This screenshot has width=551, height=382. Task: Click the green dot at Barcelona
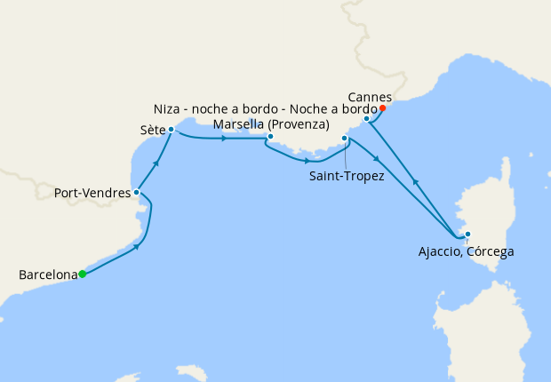pos(82,274)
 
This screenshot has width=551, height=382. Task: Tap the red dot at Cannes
pos(382,108)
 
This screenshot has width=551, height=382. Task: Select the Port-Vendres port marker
pos(136,192)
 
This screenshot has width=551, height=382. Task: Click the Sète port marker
pos(171,130)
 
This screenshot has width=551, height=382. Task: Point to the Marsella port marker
pos(270,137)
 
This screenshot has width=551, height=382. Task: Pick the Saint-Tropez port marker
pos(345,139)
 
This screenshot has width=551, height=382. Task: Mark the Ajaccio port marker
pos(467,235)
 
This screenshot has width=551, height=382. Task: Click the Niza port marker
pos(366,118)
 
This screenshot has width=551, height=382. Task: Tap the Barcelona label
pos(47,275)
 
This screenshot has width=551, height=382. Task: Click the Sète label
pos(153,130)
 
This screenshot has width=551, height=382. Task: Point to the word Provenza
pos(299,123)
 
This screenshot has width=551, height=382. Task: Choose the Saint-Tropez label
pos(347,177)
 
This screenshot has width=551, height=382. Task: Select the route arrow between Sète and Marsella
pos(224,138)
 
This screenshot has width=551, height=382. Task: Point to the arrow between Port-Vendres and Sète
pos(156,162)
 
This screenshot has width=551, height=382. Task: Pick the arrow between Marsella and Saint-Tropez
pos(307,161)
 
